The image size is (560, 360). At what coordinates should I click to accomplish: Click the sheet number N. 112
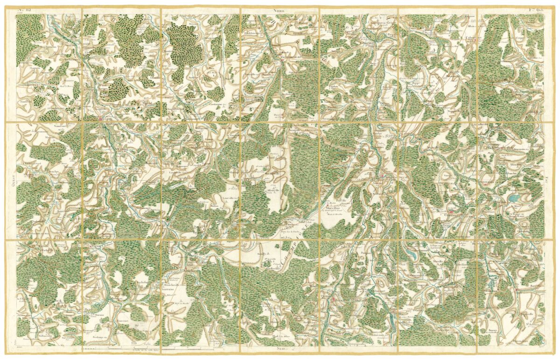(24, 9)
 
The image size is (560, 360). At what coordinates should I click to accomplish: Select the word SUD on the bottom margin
(280, 349)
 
